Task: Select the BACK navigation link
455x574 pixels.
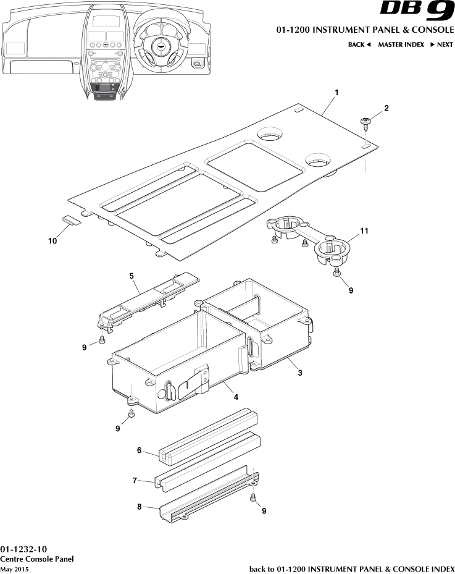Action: click(x=359, y=44)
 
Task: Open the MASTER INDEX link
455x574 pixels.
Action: click(x=401, y=44)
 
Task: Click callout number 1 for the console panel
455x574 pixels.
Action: click(x=336, y=92)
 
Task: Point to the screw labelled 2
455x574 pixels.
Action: click(x=365, y=122)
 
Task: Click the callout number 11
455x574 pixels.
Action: click(x=364, y=230)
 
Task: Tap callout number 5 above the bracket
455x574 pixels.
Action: click(x=132, y=276)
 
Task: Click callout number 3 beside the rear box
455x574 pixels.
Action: click(x=299, y=373)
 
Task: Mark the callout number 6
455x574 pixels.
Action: click(x=140, y=450)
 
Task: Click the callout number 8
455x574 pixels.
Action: click(x=140, y=507)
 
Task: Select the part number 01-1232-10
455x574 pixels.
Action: click(x=23, y=549)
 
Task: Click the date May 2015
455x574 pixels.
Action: click(x=15, y=568)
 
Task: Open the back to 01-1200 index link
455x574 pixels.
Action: click(x=351, y=568)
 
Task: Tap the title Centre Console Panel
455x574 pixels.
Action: click(x=37, y=559)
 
